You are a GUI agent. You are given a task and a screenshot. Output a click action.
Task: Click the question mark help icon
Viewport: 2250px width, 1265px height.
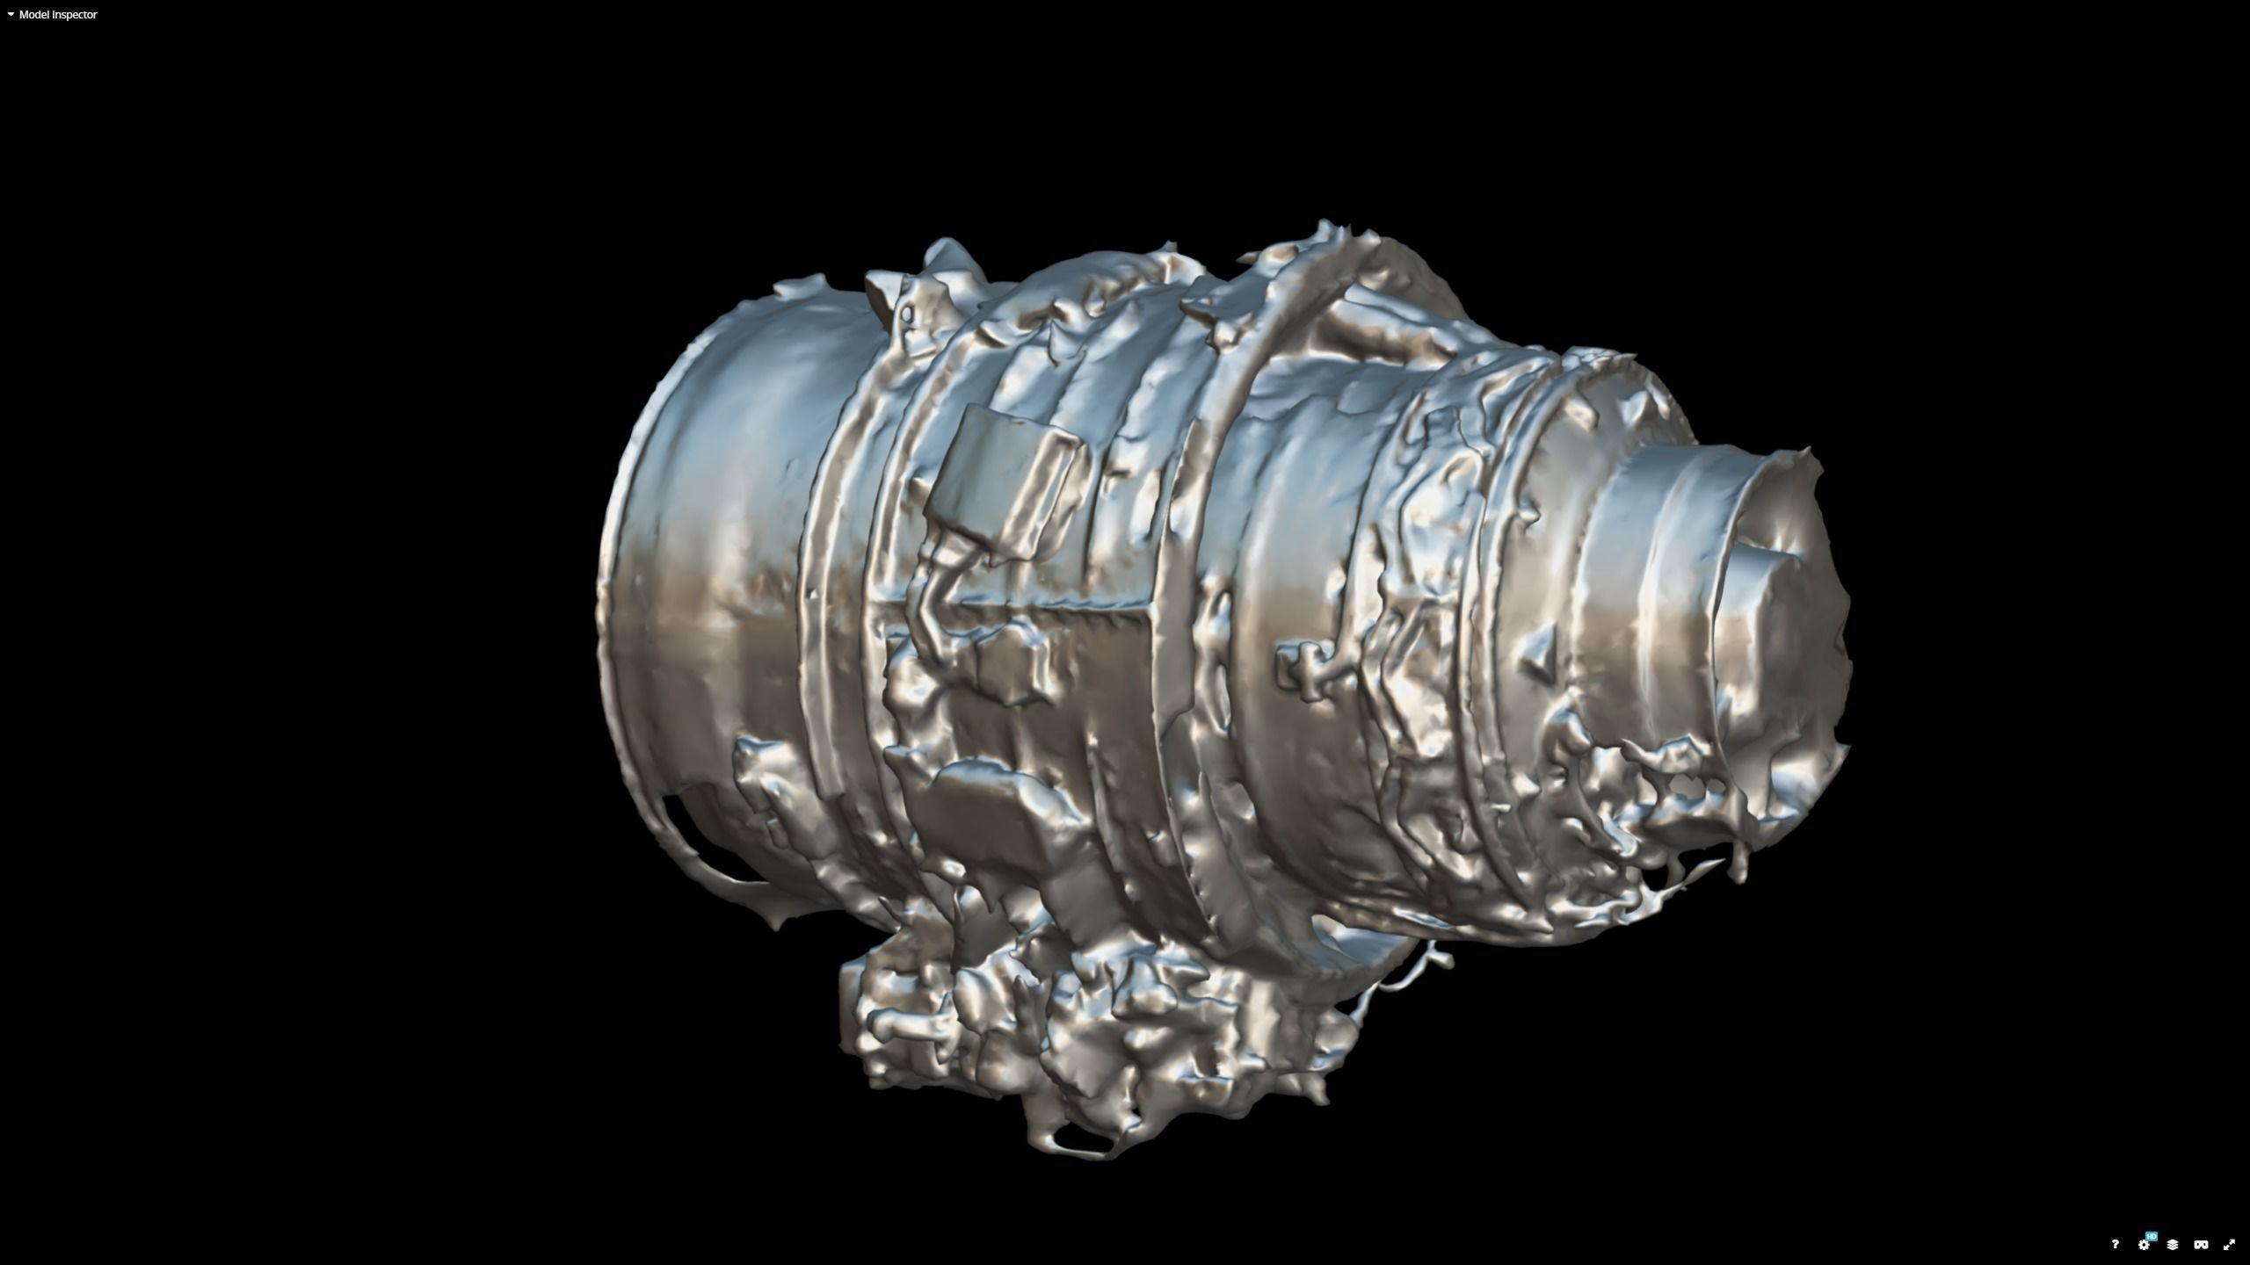coord(2115,1244)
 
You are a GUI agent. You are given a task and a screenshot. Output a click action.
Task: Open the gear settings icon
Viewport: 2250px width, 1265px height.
coord(2143,1246)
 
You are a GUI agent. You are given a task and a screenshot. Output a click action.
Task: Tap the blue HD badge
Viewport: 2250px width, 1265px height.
coord(2151,1236)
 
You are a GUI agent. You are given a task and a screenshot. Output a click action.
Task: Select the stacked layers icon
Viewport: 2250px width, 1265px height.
coord(2172,1245)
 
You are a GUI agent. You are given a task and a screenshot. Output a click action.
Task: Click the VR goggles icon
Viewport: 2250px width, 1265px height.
coord(2201,1245)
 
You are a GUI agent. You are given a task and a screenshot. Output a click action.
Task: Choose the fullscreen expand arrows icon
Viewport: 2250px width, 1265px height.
coord(2229,1245)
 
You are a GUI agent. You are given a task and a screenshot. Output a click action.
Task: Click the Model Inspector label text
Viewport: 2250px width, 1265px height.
coord(58,15)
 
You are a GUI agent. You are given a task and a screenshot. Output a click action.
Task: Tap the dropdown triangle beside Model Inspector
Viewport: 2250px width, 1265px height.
coord(11,15)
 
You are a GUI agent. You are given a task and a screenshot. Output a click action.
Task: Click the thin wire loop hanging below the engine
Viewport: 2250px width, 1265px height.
coord(1406,975)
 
